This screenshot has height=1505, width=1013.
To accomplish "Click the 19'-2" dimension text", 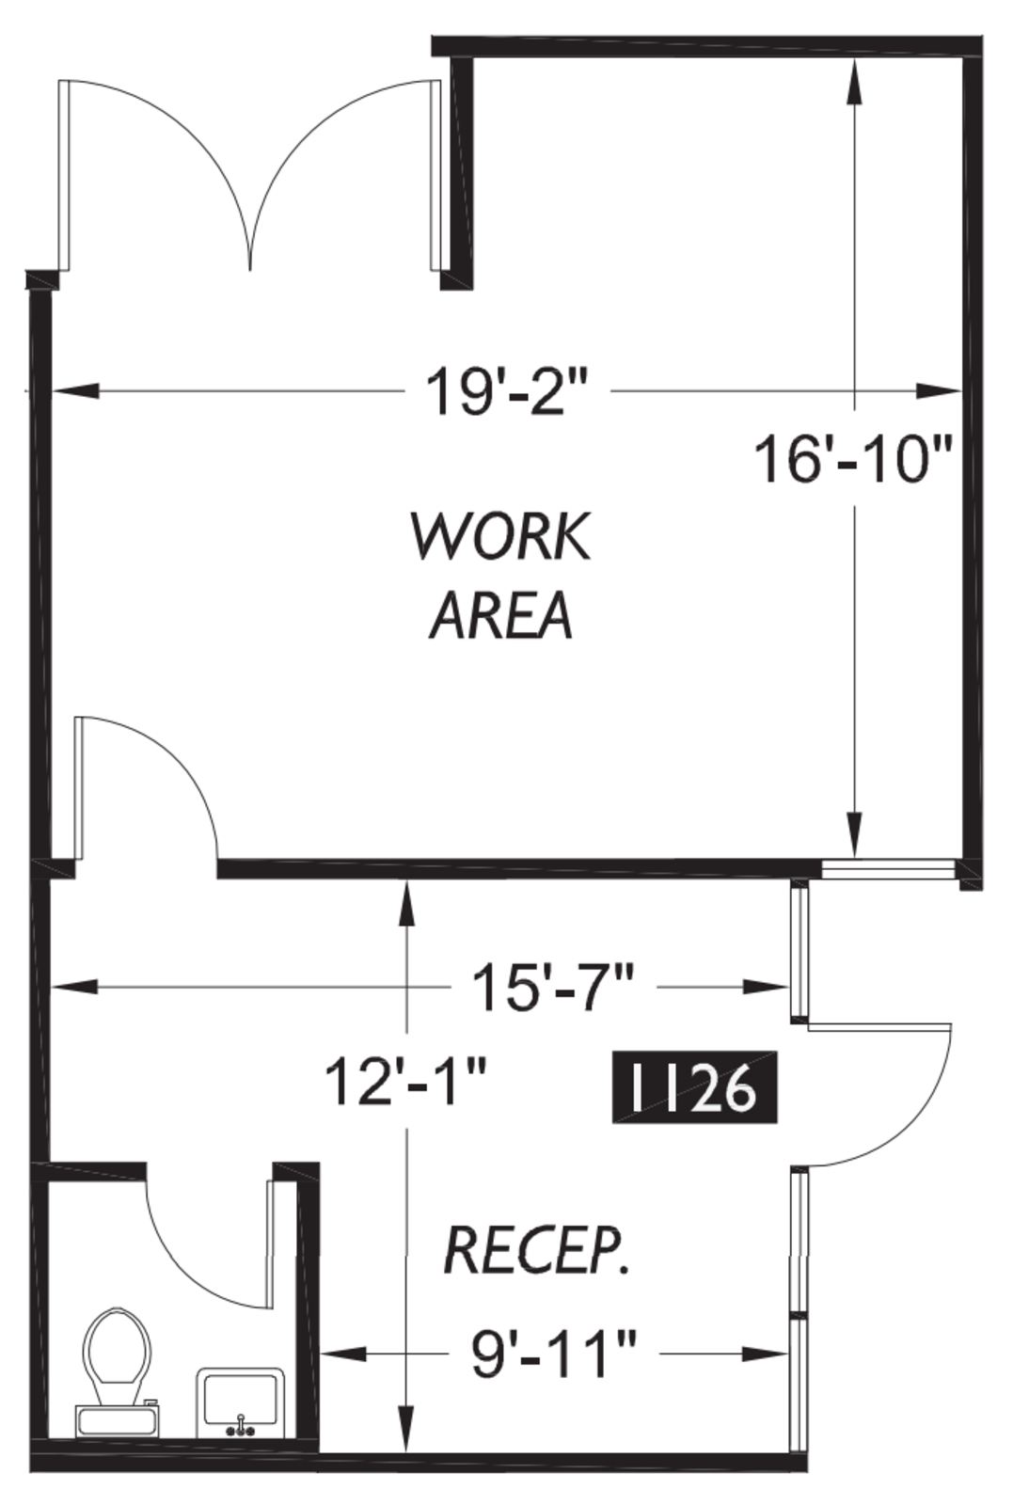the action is [508, 390].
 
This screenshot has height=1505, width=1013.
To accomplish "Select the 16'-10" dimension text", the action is [853, 459].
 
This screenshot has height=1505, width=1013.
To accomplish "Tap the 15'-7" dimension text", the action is [553, 987].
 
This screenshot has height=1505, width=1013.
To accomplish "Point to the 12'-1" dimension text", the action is [404, 1081].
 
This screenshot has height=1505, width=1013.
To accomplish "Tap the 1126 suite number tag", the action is [694, 1086].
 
